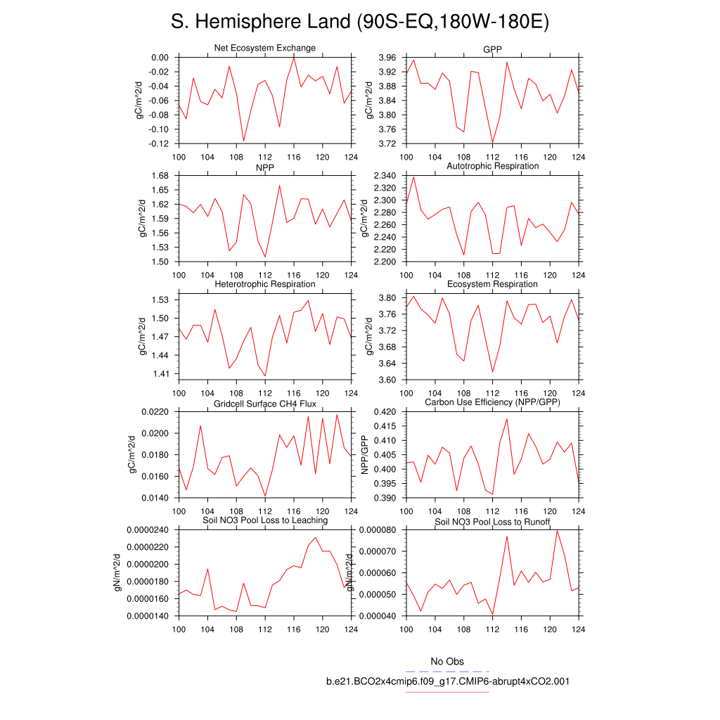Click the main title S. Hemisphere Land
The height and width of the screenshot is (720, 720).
pos(359,22)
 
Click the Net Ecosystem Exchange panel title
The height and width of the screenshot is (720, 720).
pos(264,48)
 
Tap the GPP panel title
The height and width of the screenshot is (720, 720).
pos(492,48)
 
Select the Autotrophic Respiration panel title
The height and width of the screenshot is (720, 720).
pos(492,166)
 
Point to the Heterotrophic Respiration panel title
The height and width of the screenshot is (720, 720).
pos(264,284)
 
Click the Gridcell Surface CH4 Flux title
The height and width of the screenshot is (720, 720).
pos(264,404)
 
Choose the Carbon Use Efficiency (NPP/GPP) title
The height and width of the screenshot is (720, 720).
pos(492,402)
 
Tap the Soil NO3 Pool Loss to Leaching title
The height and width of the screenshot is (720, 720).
pos(264,520)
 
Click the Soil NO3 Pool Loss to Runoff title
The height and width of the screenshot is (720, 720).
pos(492,522)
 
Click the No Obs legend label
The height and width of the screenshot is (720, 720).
pos(447,662)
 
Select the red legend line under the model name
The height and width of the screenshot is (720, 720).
pos(447,692)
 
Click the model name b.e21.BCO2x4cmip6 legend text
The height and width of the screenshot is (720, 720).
pos(447,681)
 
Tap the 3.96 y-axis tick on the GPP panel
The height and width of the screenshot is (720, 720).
pos(387,58)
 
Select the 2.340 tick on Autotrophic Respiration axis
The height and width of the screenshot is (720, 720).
pos(383,176)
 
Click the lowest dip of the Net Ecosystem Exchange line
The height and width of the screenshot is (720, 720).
pos(243,141)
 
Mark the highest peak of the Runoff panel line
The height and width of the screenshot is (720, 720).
pos(558,530)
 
